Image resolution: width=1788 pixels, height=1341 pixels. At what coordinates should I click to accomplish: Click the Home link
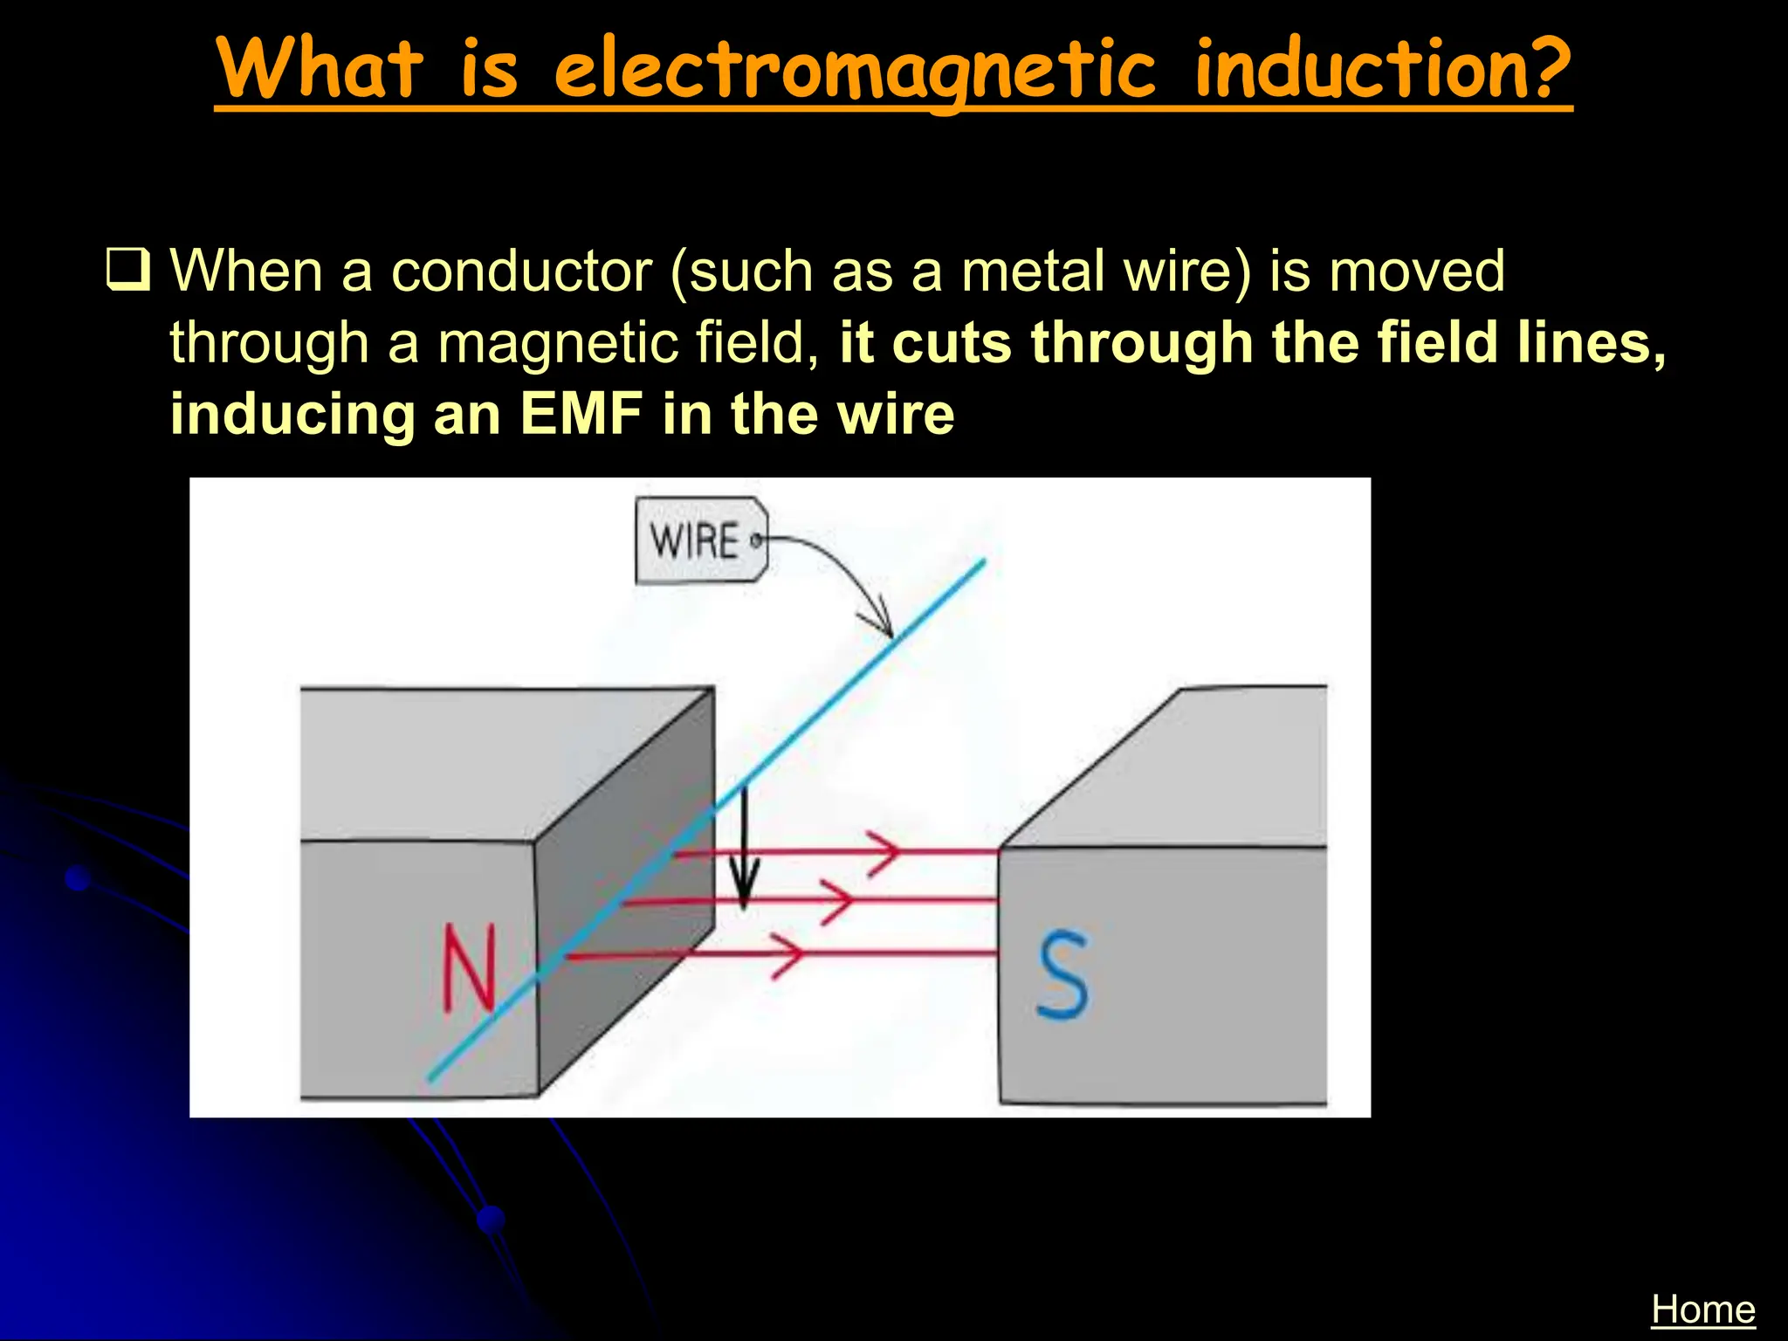click(x=1702, y=1310)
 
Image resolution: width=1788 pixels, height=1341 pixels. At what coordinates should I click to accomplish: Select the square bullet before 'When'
click(x=128, y=270)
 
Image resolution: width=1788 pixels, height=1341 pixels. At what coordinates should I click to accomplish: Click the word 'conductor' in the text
click(x=521, y=272)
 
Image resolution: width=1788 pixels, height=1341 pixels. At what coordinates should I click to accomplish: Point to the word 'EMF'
click(x=581, y=414)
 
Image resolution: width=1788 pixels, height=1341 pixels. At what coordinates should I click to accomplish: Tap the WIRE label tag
click(x=698, y=540)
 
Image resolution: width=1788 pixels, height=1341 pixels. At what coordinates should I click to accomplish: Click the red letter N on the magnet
click(x=469, y=969)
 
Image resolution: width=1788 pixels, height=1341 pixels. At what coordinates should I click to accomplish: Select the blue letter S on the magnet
click(x=1063, y=975)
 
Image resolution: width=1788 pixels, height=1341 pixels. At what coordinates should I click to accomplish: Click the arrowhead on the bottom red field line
click(x=790, y=954)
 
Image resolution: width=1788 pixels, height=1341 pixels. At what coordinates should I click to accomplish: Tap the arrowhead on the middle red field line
click(x=840, y=900)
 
